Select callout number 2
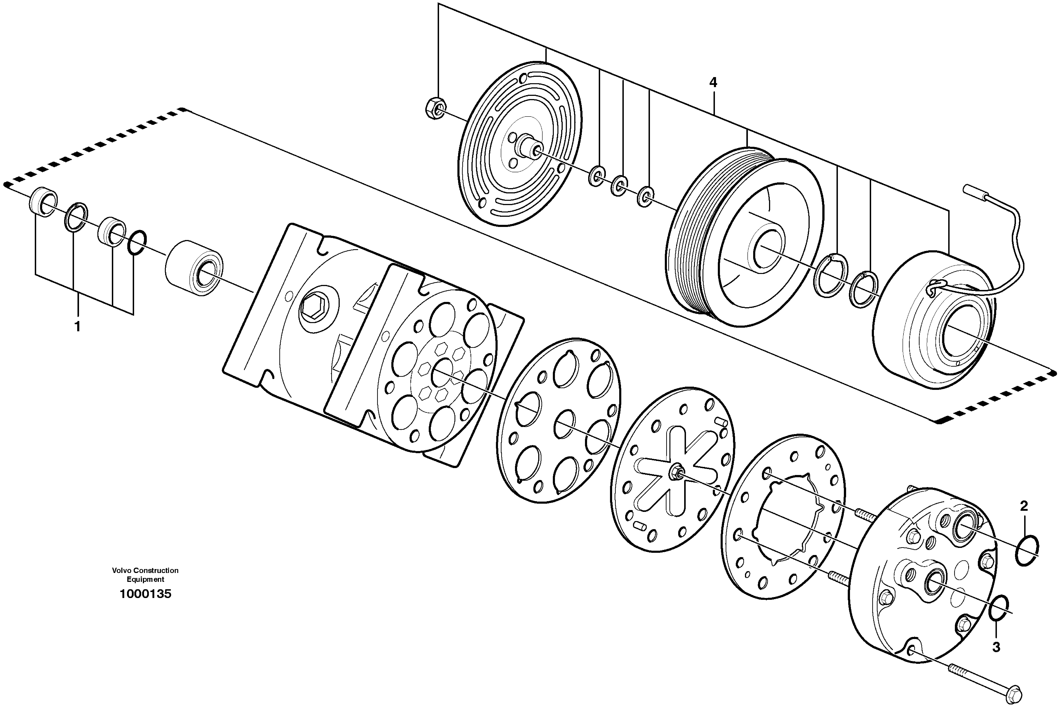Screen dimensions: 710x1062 (x=1024, y=506)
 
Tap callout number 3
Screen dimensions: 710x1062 (x=996, y=647)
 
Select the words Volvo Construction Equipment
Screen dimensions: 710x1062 (x=145, y=575)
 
